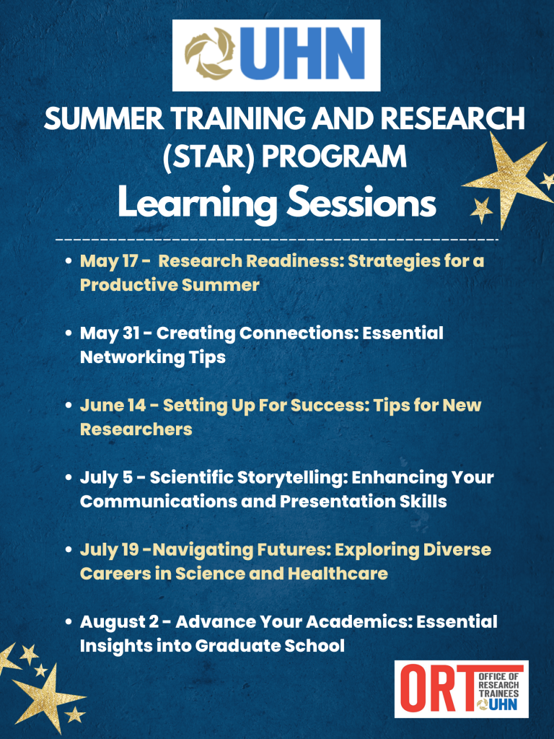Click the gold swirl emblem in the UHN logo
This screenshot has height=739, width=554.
tap(209, 54)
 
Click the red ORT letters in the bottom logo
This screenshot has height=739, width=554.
tap(436, 689)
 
